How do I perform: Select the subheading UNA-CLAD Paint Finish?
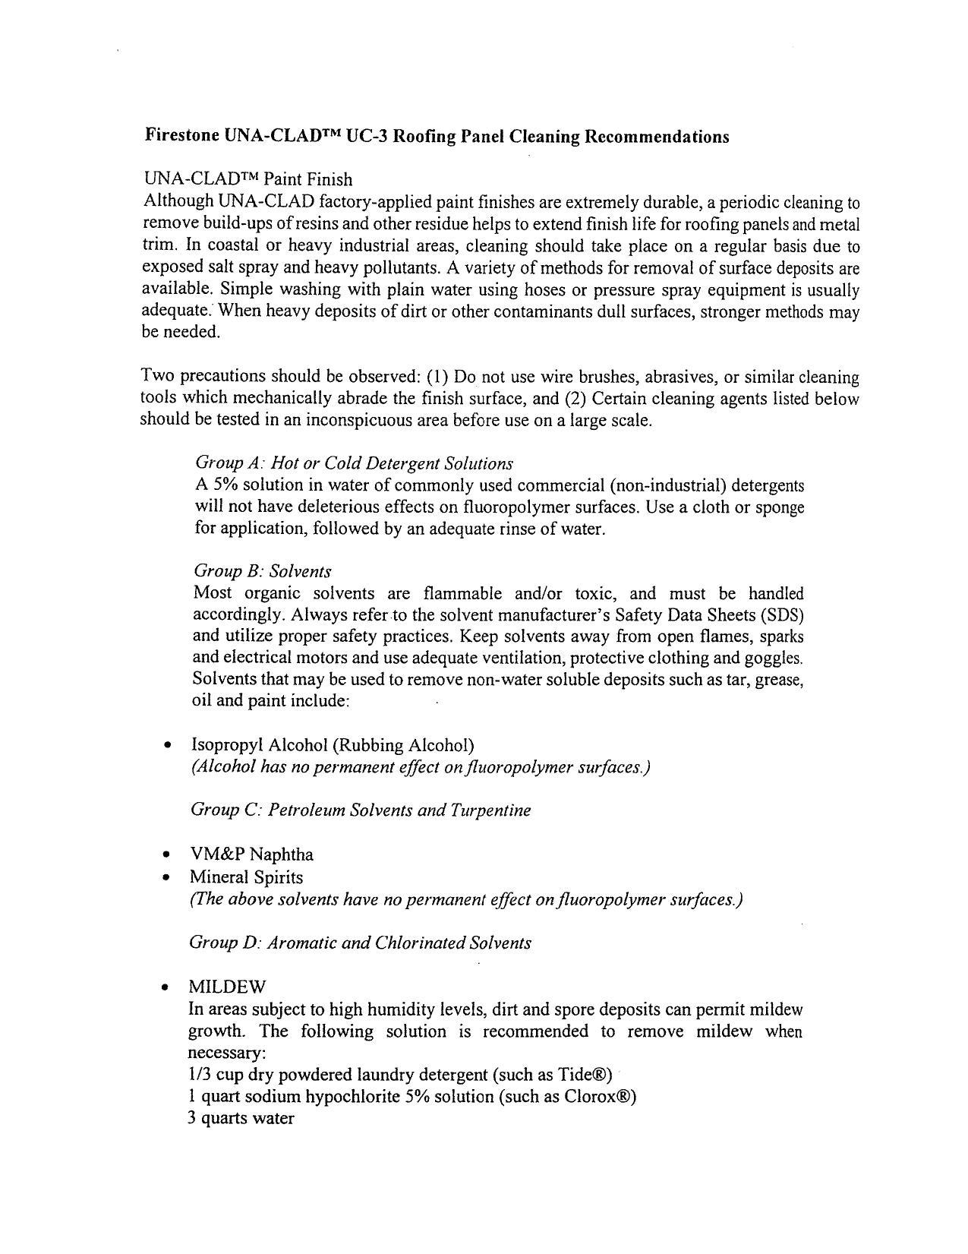click(248, 179)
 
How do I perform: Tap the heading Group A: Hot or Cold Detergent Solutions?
click(354, 463)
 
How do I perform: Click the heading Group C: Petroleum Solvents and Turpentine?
click(360, 810)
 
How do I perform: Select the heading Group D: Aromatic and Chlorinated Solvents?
click(360, 943)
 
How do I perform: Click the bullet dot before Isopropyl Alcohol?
click(167, 746)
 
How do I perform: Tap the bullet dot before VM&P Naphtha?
click(167, 856)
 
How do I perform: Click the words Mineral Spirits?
click(246, 877)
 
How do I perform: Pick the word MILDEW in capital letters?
click(227, 987)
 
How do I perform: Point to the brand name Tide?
click(576, 1075)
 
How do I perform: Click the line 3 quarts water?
click(241, 1119)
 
